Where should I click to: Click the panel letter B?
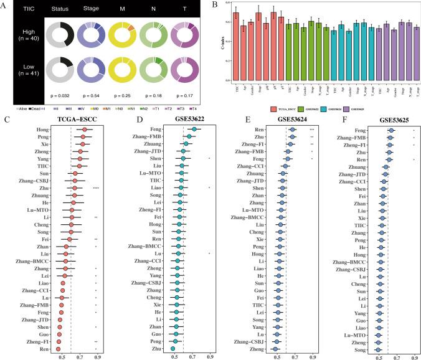tap(215, 6)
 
